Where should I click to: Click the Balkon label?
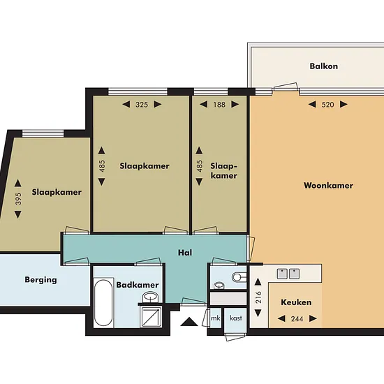[323, 66]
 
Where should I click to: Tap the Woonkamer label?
[328, 186]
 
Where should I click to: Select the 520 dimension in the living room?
[327, 105]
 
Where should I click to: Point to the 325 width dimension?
[142, 105]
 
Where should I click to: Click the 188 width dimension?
[219, 105]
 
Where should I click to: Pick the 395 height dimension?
[18, 199]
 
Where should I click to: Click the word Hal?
[185, 253]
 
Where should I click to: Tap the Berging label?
[40, 280]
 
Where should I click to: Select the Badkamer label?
[138, 285]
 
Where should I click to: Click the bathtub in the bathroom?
[103, 303]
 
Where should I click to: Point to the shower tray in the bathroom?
[151, 317]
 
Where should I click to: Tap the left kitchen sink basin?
[282, 274]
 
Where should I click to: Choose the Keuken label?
[296, 302]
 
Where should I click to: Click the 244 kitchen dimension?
[297, 318]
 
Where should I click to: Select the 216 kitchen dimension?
[258, 297]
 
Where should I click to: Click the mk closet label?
[216, 318]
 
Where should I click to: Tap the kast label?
[235, 318]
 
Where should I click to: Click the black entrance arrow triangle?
[189, 322]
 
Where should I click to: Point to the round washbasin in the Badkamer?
[150, 297]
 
